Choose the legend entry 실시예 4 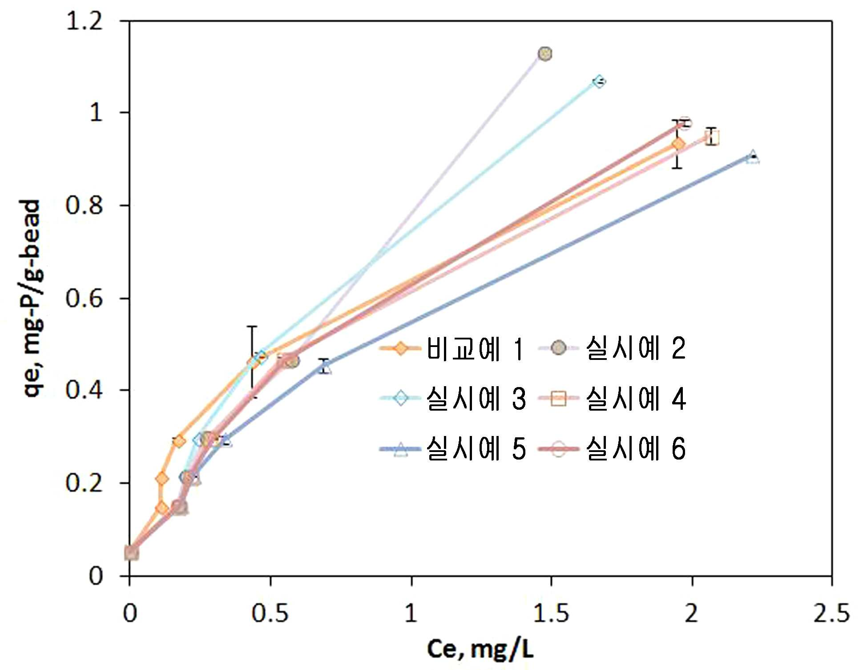[x=612, y=398]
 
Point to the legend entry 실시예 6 [x=612, y=449]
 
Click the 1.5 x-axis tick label [x=551, y=613]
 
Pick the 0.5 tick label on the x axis [x=270, y=613]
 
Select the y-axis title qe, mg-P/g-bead [x=32, y=299]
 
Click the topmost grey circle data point [x=544, y=54]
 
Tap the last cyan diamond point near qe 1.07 [x=599, y=81]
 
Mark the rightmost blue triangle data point [x=753, y=157]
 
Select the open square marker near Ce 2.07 [x=712, y=138]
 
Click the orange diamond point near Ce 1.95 [x=678, y=144]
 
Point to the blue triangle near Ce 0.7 [x=325, y=367]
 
